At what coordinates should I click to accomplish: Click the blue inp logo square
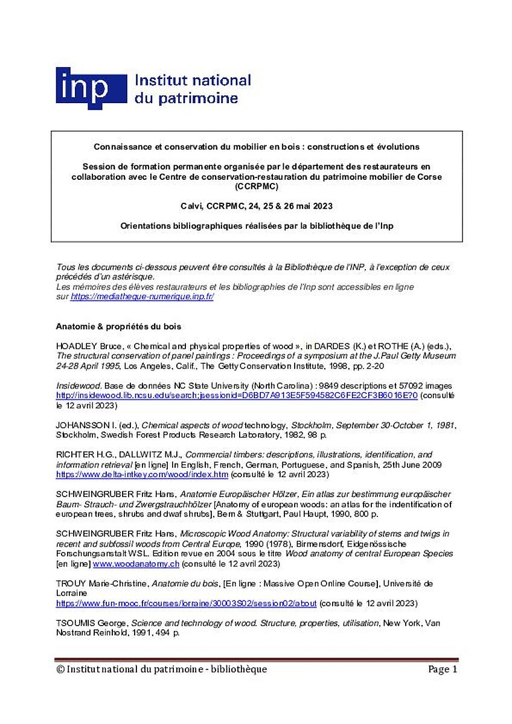[91, 88]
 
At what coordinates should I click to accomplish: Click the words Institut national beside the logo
[193, 81]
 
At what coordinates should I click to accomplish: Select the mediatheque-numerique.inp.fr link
[142, 297]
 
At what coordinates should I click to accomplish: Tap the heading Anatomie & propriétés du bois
[119, 326]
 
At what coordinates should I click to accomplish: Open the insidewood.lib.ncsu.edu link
[237, 395]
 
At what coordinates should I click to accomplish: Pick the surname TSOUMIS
[76, 623]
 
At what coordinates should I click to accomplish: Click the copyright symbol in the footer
[60, 669]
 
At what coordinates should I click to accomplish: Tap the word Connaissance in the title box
[121, 147]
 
